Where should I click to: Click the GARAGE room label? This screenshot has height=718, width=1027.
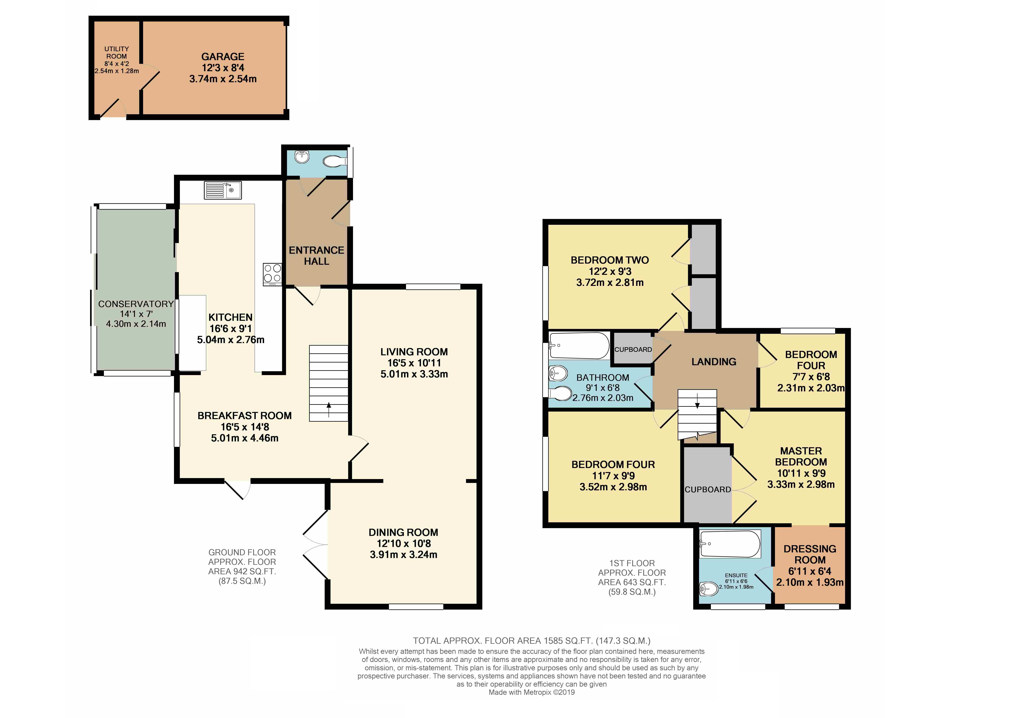223,57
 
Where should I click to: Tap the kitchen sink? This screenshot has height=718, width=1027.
223,190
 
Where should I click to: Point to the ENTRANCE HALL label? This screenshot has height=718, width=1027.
316,256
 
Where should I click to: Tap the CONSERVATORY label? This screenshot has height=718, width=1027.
136,304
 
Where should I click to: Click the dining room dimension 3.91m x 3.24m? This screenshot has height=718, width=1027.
403,555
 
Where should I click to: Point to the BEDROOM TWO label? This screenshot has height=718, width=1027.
610,260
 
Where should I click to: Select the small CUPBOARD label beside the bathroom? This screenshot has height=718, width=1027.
633,349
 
